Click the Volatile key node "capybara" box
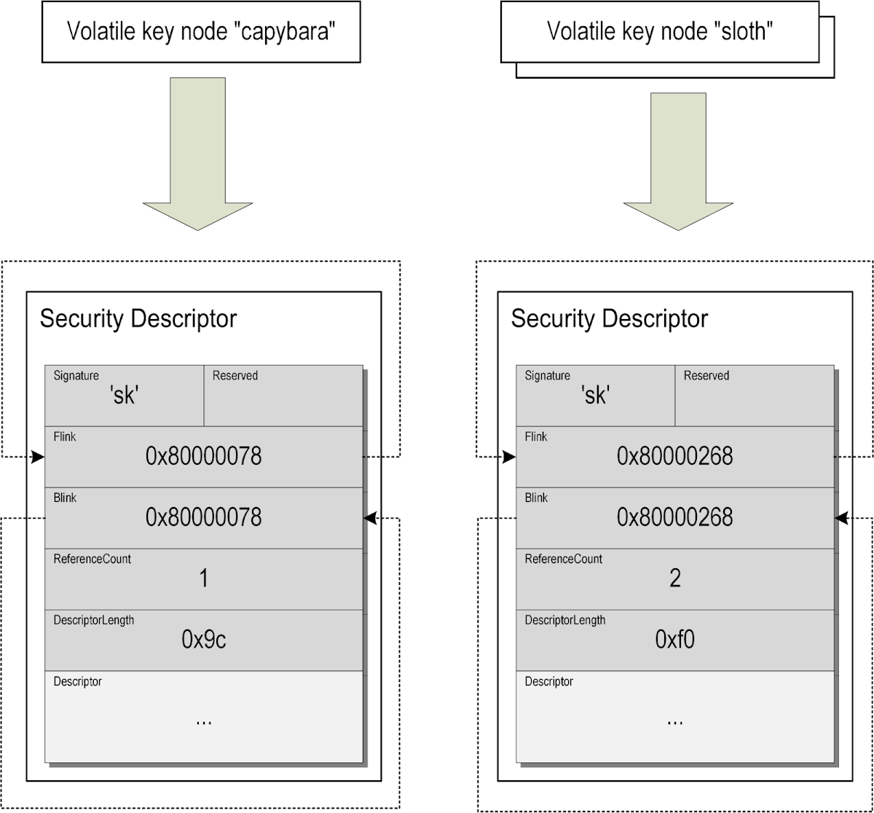[x=201, y=31]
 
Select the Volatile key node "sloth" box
[x=660, y=31]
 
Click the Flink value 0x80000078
[x=203, y=457]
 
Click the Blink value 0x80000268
[x=674, y=517]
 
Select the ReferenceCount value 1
[x=203, y=579]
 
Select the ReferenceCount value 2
[x=674, y=579]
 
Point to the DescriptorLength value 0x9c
[x=203, y=640]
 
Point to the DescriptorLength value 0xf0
[x=674, y=640]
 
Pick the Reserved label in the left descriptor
[x=235, y=376]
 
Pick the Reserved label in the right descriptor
[x=706, y=376]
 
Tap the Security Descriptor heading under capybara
[x=138, y=319]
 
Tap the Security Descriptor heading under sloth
[x=609, y=319]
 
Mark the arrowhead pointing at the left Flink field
[x=38, y=457]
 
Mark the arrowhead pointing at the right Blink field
[x=842, y=518]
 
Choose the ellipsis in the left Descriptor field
[x=203, y=720]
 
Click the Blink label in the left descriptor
[x=65, y=498]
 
